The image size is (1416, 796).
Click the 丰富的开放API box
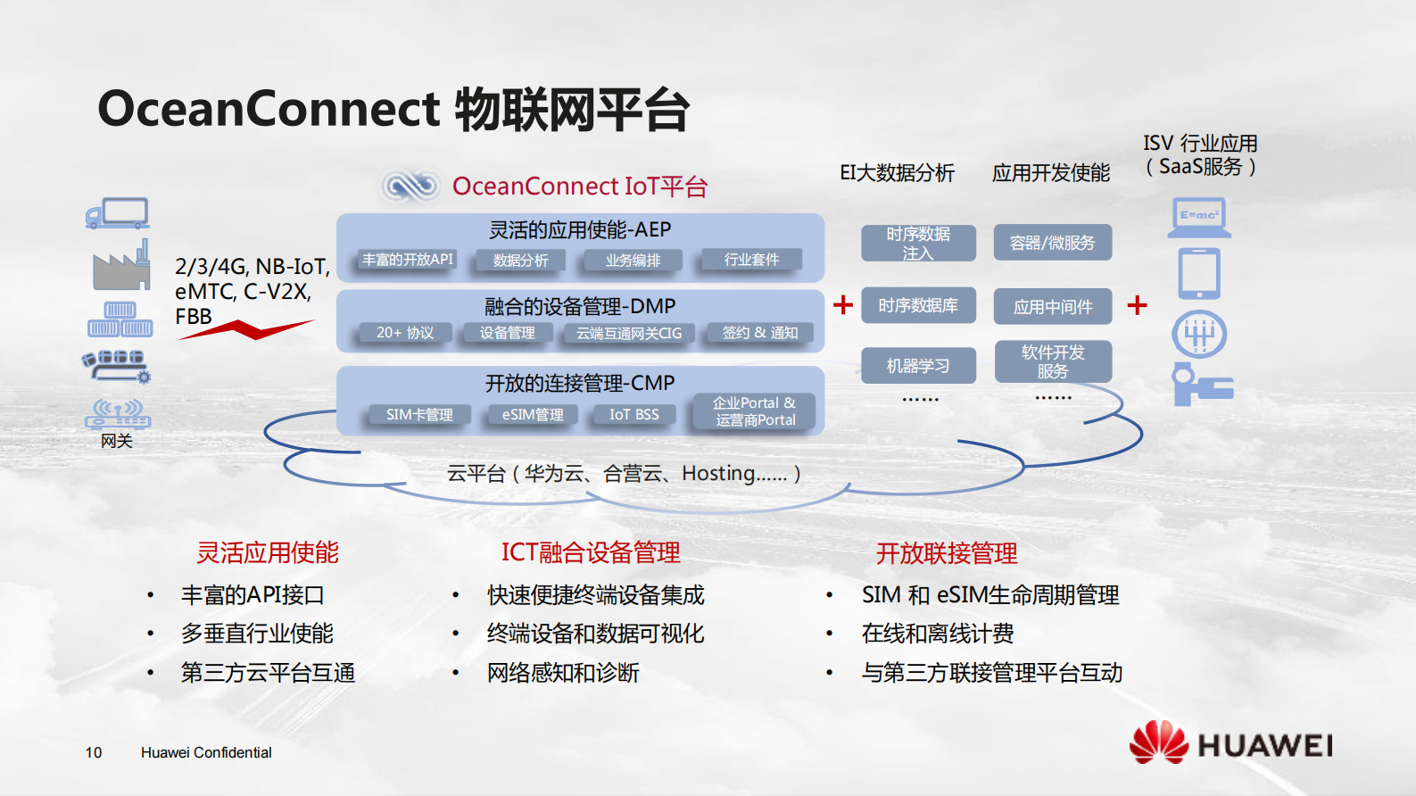(x=408, y=260)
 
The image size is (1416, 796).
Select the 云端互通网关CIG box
(x=628, y=333)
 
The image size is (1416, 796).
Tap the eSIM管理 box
(x=533, y=415)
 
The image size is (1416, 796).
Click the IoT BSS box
(x=633, y=415)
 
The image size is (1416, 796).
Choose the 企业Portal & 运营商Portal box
(x=755, y=411)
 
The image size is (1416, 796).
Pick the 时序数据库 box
(x=917, y=305)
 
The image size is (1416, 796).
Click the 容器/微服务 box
(x=1052, y=243)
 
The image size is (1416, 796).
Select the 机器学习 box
(x=917, y=366)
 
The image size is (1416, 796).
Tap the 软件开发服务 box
(x=1052, y=361)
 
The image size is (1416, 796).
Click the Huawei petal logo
(x=1158, y=742)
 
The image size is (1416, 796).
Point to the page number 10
(x=94, y=752)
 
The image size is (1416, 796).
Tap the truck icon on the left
(x=118, y=213)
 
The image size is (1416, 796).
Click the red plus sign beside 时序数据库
(x=842, y=305)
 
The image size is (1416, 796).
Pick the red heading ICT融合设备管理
(x=591, y=552)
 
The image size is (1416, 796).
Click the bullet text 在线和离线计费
(x=937, y=634)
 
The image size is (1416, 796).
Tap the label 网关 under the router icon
(x=116, y=441)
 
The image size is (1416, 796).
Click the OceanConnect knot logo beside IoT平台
(x=410, y=186)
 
